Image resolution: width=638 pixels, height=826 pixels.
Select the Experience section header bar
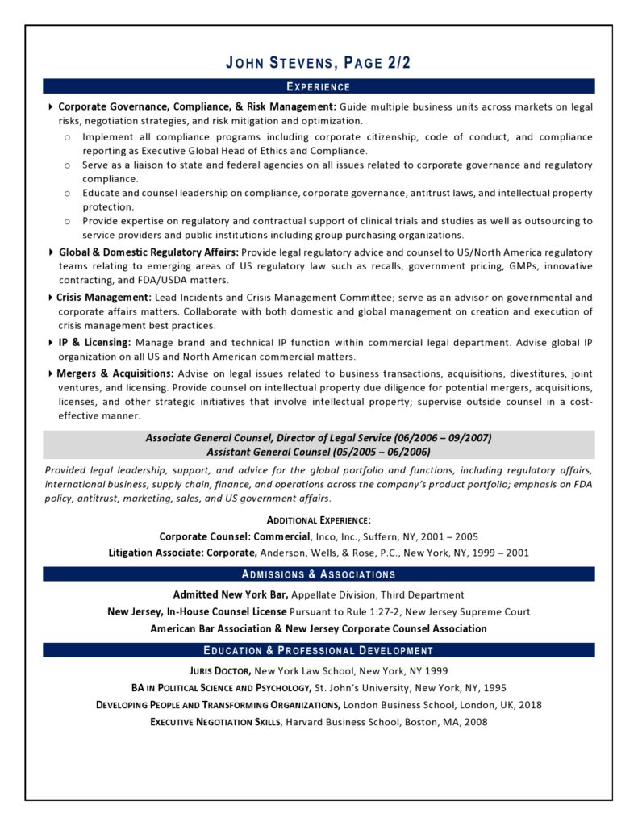coord(319,86)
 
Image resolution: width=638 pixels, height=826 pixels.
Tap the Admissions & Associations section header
coord(319,574)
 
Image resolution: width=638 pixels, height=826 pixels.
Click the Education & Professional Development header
coord(319,650)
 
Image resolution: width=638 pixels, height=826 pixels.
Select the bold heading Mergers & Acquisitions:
coord(115,373)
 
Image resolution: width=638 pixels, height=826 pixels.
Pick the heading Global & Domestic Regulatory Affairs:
coord(148,252)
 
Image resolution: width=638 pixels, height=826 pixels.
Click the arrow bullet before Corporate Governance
coord(52,106)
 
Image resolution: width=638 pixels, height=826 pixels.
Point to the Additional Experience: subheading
coord(319,520)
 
